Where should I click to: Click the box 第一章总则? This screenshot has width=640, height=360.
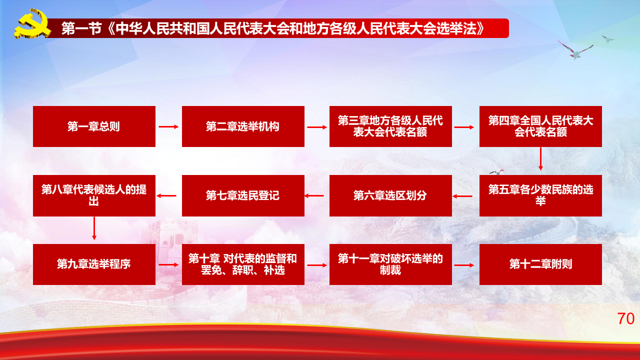click(94, 126)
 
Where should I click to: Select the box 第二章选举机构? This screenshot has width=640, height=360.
click(243, 126)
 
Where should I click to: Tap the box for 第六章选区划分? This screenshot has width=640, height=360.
click(390, 195)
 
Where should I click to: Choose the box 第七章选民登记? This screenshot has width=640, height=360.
click(243, 195)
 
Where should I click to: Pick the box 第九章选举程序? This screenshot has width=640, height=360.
click(94, 264)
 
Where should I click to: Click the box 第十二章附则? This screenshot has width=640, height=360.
click(540, 264)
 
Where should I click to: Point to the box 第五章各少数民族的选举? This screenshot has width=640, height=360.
click(540, 195)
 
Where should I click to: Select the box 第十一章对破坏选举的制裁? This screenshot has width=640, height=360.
click(390, 264)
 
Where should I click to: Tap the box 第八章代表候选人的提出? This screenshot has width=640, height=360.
click(94, 195)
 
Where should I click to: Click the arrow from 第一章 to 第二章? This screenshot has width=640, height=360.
click(168, 127)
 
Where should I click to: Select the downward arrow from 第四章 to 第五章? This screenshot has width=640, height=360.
click(540, 159)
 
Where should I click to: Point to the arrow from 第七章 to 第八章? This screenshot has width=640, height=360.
click(166, 196)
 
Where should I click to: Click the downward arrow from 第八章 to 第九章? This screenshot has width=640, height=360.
click(94, 228)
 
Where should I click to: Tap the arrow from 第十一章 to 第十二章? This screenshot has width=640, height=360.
click(464, 265)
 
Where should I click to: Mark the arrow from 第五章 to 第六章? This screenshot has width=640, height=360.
click(462, 196)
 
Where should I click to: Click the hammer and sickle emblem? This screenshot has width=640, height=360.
click(32, 23)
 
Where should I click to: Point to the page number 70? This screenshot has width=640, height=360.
click(625, 318)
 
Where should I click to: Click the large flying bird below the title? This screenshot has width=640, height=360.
click(575, 50)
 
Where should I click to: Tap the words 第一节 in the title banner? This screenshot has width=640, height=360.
click(81, 28)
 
